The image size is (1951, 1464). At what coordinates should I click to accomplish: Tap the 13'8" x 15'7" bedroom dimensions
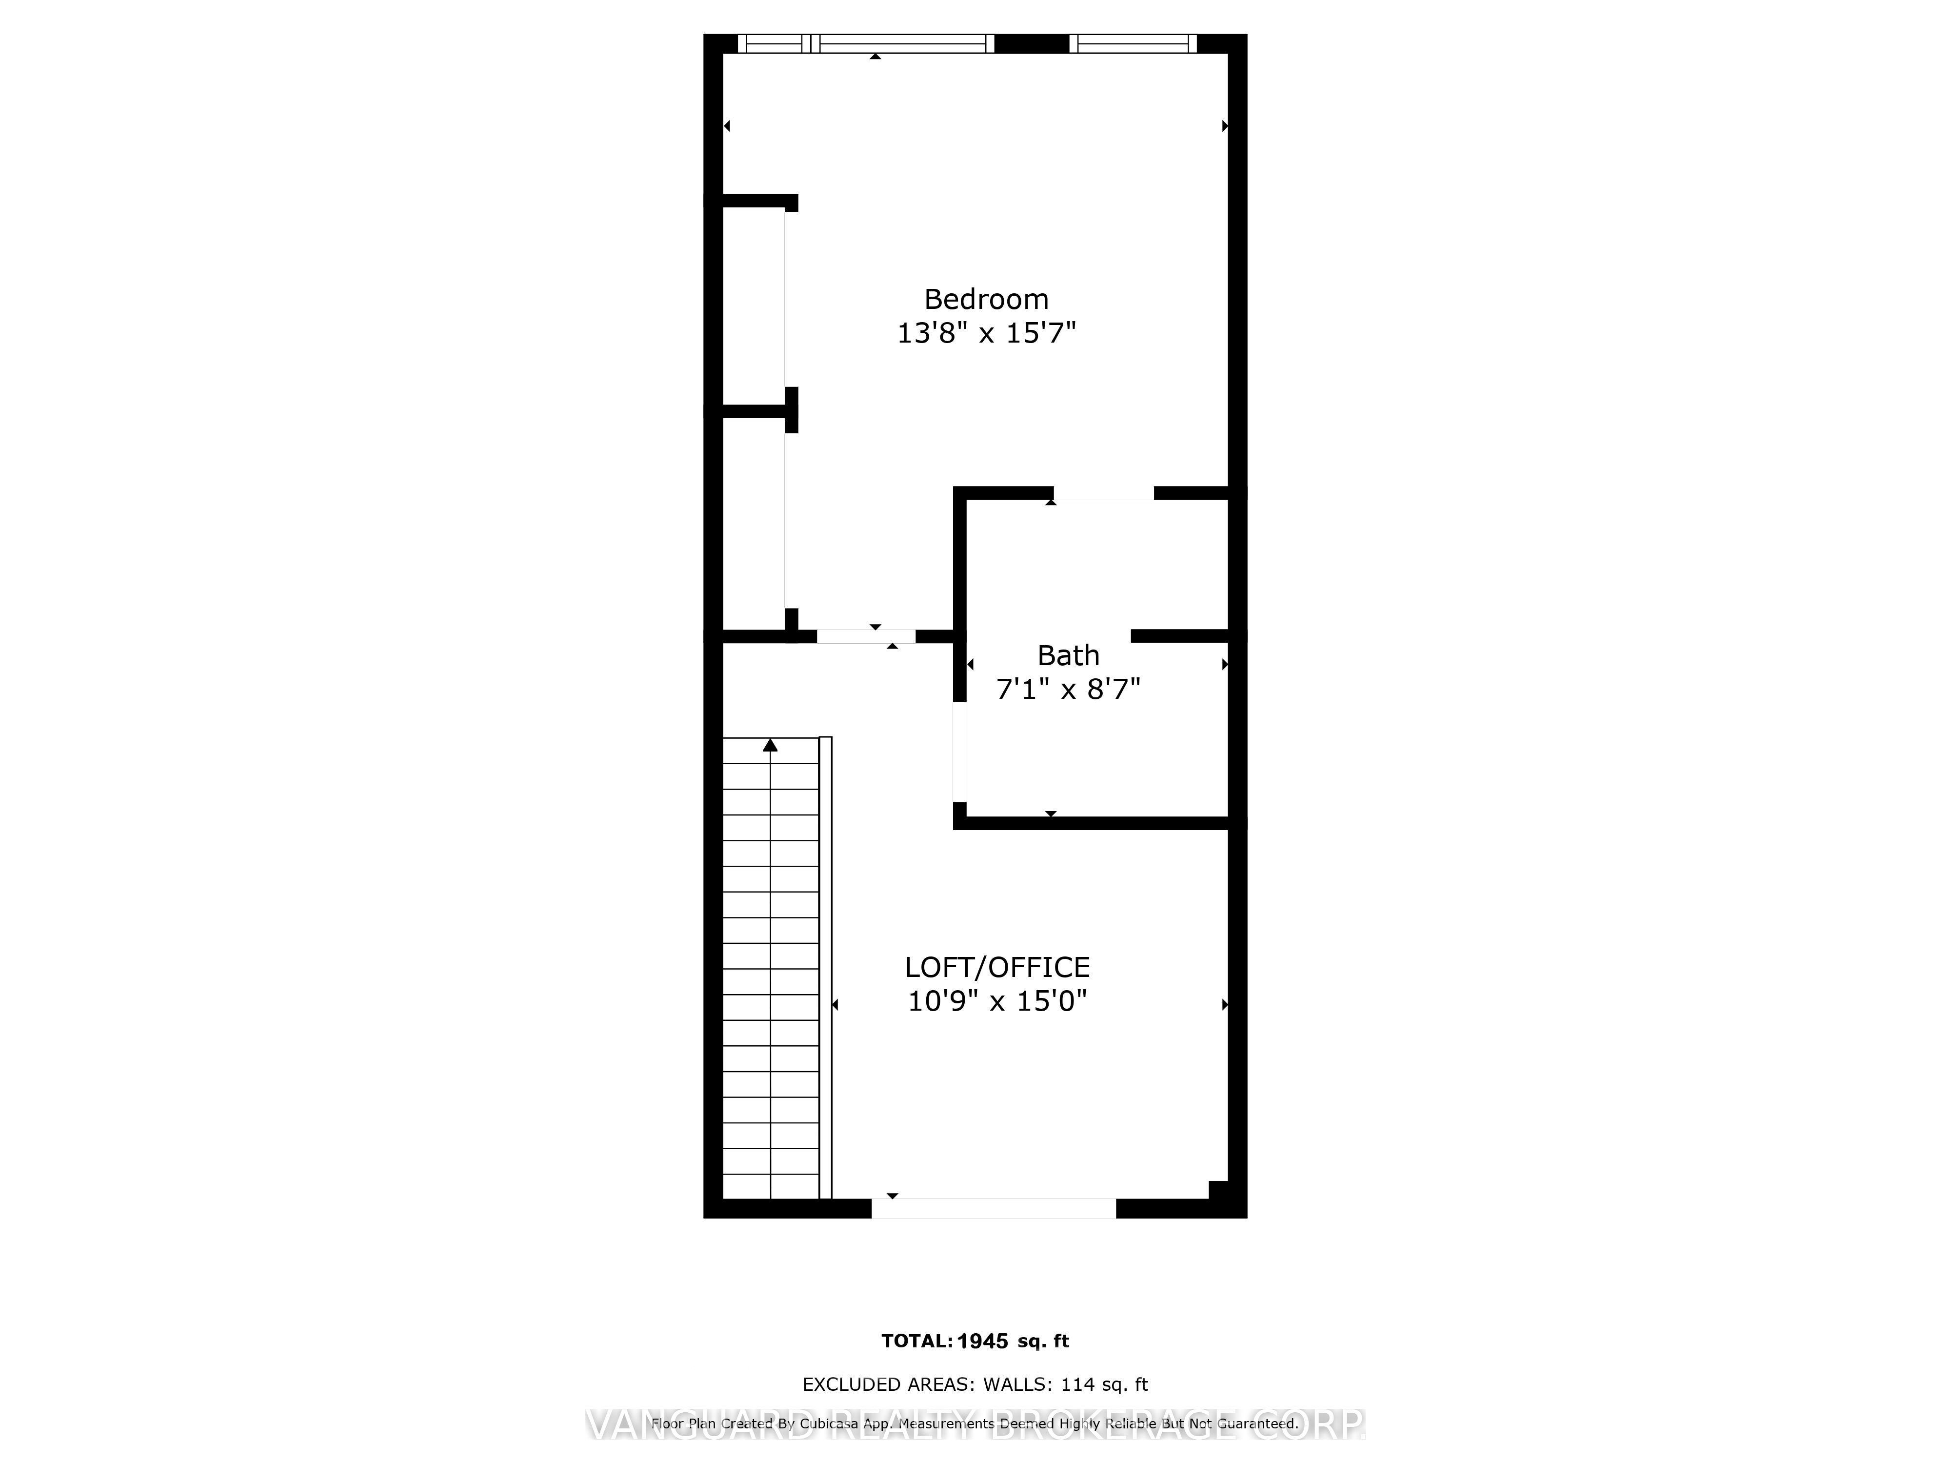pos(986,334)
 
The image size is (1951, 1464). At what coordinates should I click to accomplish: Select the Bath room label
pos(1068,656)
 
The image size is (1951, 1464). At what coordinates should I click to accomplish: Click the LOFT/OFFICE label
pos(996,967)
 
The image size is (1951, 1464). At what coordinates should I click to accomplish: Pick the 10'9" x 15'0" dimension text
pos(996,1001)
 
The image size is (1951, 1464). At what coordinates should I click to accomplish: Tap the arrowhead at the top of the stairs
pos(770,746)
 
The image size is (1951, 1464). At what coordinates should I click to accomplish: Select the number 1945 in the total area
pos(982,1342)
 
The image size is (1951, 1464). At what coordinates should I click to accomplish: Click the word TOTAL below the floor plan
pos(916,1342)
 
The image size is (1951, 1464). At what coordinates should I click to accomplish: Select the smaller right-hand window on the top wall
pos(1133,43)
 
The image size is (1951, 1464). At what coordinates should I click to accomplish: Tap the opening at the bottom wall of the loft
pos(994,1209)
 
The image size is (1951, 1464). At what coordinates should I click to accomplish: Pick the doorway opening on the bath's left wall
pos(959,752)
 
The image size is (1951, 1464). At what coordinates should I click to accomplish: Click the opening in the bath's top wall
pos(1103,493)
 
